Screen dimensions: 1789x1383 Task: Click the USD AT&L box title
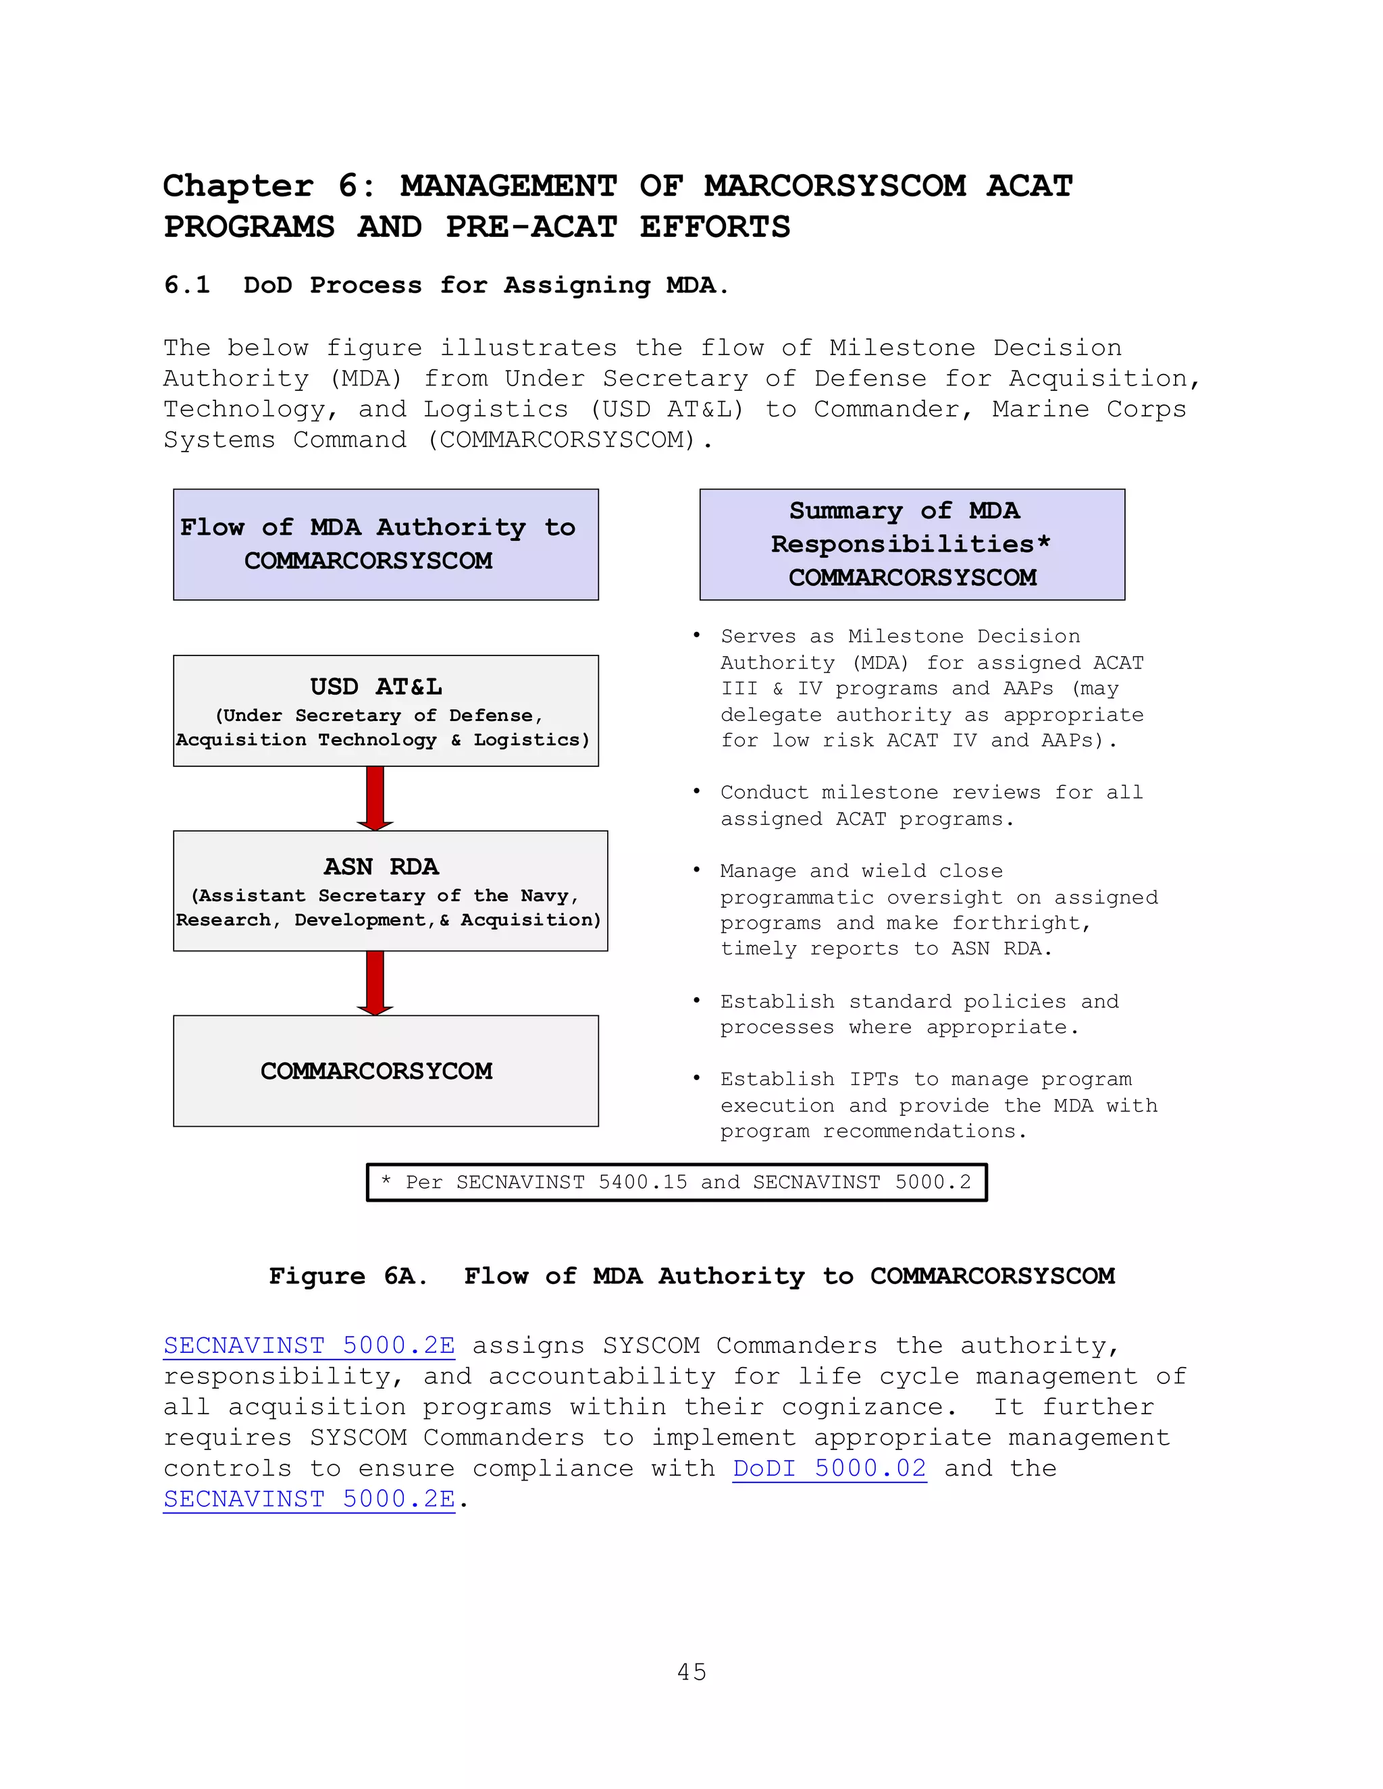point(376,687)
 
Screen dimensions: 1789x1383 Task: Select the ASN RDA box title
point(382,867)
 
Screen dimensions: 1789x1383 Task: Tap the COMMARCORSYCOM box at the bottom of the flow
point(386,1071)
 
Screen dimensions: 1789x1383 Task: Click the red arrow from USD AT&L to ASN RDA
point(375,797)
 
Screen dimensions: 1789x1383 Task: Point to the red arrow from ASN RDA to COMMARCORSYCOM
point(375,982)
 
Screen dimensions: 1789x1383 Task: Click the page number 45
point(691,1672)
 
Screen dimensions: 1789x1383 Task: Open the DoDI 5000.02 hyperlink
point(829,1469)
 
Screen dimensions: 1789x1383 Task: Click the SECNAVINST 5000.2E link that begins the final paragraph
point(309,1346)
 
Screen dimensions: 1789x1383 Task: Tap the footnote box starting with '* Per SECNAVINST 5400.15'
point(677,1182)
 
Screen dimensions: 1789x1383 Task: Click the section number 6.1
point(188,285)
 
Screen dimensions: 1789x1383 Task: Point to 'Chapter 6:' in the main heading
point(269,186)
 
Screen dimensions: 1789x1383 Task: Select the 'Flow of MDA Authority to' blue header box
point(386,544)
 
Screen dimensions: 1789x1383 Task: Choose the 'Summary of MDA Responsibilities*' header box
point(912,544)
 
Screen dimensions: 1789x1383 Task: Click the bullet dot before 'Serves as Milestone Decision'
point(696,636)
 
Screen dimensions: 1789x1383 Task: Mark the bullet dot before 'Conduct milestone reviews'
point(696,791)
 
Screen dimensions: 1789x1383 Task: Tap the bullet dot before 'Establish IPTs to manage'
point(696,1078)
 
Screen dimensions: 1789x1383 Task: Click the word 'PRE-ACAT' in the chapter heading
point(531,227)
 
